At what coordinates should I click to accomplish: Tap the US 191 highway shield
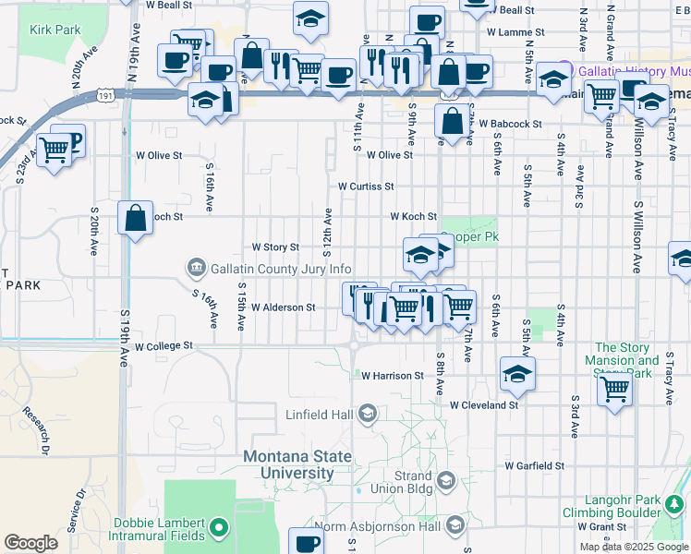click(106, 95)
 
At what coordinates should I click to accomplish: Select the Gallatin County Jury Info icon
click(196, 269)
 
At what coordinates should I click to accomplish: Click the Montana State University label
click(297, 464)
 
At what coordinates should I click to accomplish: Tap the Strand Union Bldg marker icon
click(446, 480)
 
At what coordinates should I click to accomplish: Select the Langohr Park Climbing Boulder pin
click(674, 503)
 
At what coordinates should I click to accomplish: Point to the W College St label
click(164, 347)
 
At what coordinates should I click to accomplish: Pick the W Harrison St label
click(392, 376)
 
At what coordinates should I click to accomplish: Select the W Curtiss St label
click(366, 186)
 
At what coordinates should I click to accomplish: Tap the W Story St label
click(276, 247)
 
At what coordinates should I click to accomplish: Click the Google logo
click(30, 543)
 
